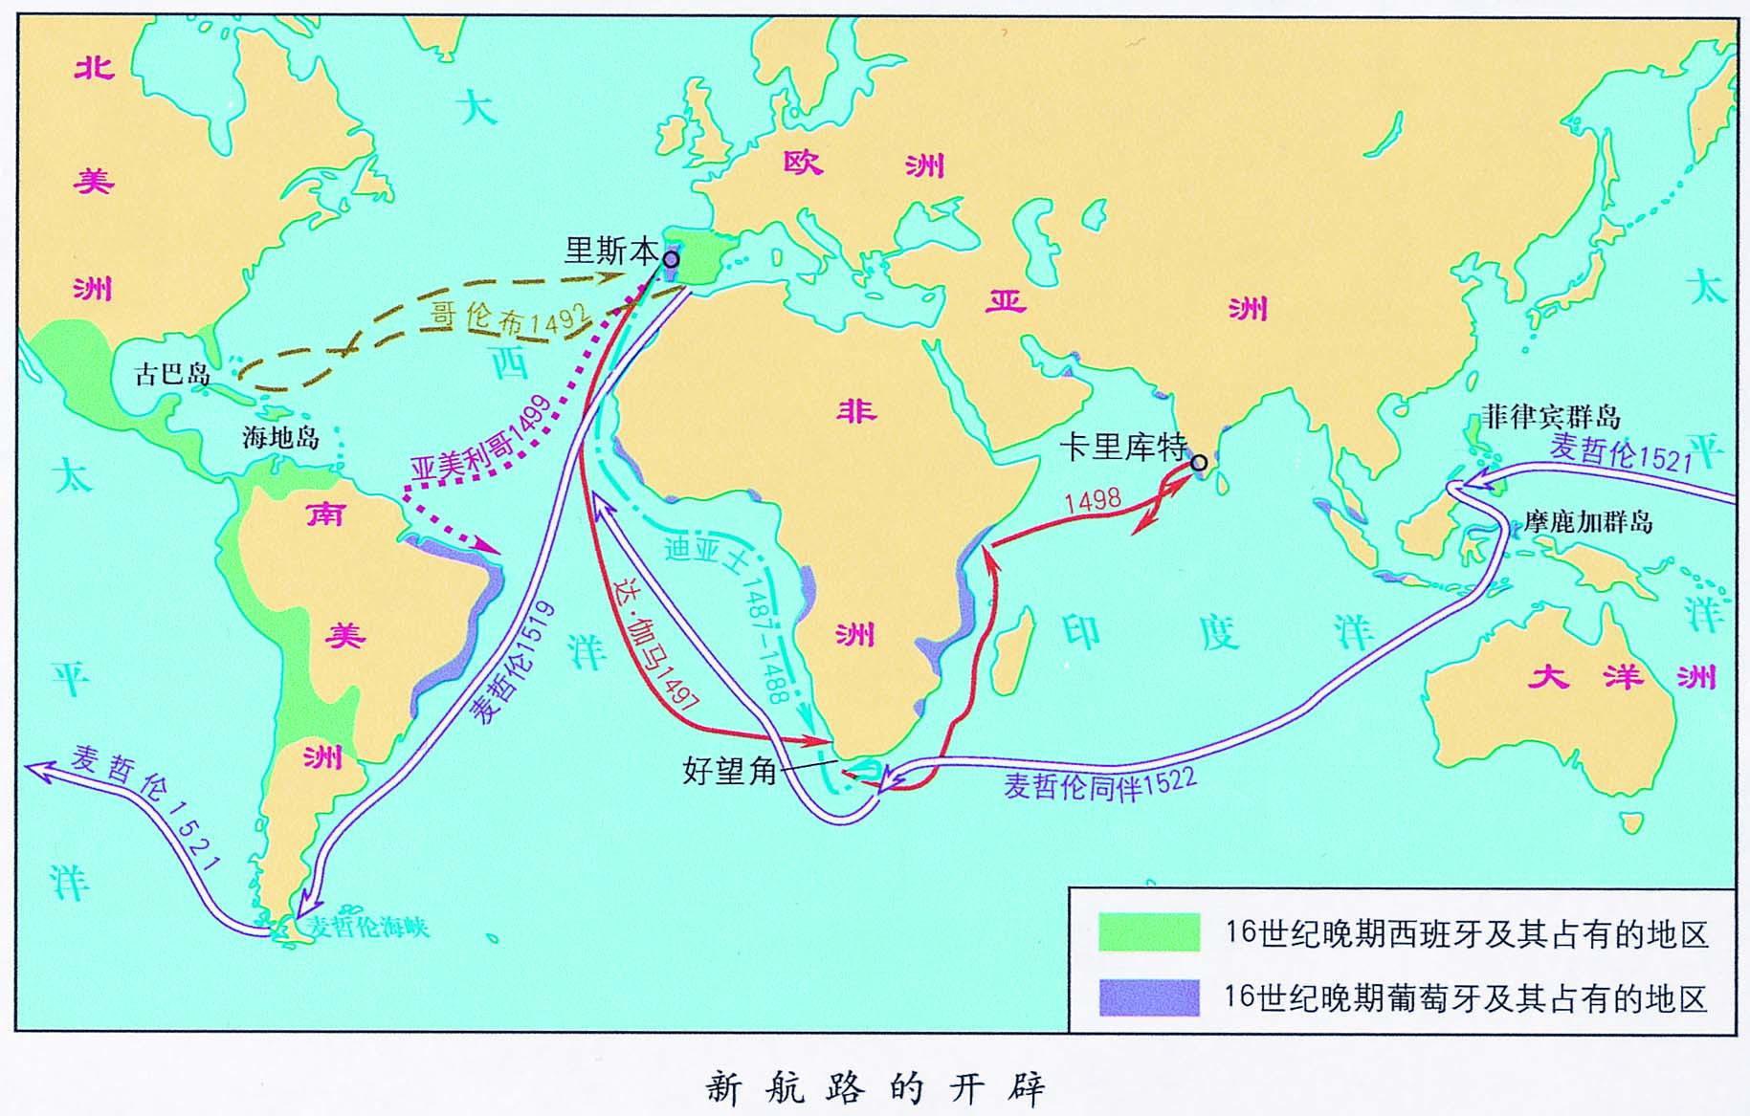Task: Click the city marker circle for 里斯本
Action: pyautogui.click(x=672, y=259)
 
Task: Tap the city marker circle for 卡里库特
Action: pyautogui.click(x=1198, y=464)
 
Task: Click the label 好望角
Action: pyautogui.click(x=729, y=770)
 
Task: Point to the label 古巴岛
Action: pyautogui.click(x=172, y=373)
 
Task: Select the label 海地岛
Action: pyautogui.click(x=279, y=438)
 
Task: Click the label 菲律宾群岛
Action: pyautogui.click(x=1551, y=417)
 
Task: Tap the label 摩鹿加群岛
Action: pyautogui.click(x=1588, y=523)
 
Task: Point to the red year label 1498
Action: pyautogui.click(x=1092, y=500)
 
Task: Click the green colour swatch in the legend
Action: pyautogui.click(x=1148, y=932)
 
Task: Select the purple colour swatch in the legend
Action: pyautogui.click(x=1148, y=997)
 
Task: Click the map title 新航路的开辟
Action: pyautogui.click(x=875, y=1088)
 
